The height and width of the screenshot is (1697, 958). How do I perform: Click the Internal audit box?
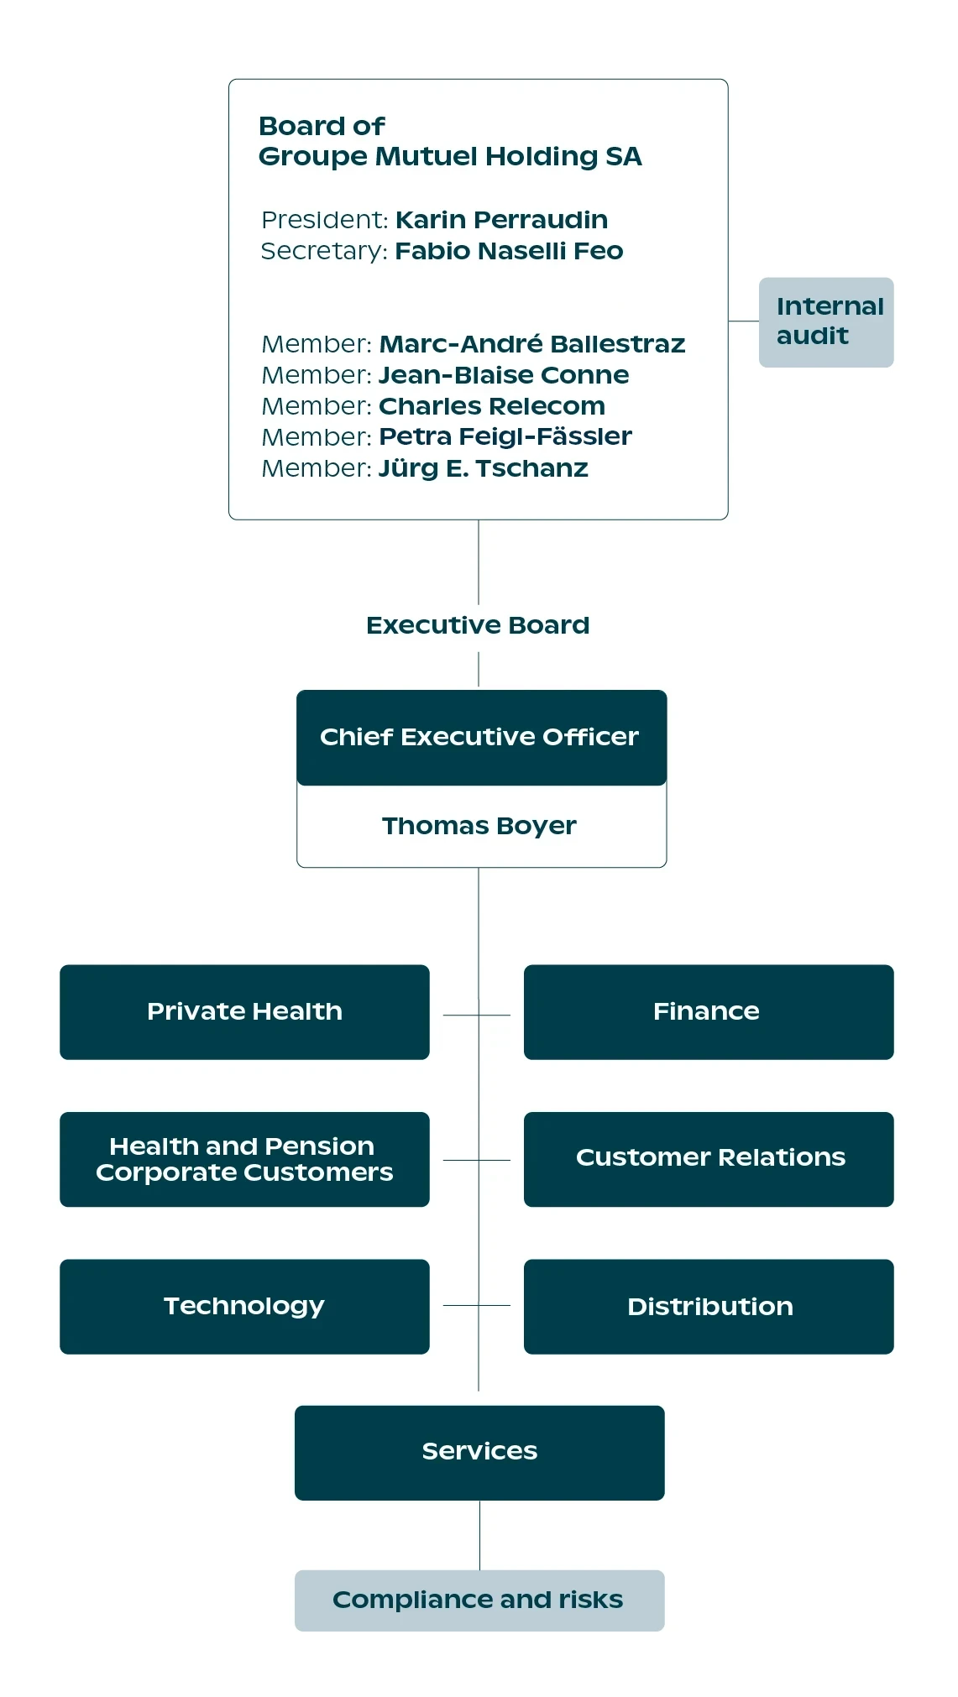826,322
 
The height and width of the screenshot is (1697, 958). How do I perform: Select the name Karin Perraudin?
501,220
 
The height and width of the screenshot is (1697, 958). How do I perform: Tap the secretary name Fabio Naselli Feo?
509,251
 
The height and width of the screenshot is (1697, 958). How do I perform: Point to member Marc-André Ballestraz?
532,344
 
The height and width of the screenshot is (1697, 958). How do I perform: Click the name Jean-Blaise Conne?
504,375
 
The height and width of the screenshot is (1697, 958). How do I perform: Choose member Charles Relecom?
492,406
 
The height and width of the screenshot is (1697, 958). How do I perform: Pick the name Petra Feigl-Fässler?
505,436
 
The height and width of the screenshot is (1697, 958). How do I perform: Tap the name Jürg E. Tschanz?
484,468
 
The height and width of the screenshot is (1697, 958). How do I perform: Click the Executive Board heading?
478,625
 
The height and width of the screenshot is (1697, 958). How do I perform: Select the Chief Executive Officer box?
482,738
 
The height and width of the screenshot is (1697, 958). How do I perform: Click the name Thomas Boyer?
479,827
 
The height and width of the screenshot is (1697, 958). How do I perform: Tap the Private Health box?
244,1012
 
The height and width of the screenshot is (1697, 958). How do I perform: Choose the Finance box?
709,1012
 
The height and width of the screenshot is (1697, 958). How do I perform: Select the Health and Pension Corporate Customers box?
244,1160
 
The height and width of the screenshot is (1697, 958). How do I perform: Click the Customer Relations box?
709,1160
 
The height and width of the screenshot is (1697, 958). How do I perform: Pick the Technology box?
244,1307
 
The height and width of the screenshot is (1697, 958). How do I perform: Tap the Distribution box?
709,1307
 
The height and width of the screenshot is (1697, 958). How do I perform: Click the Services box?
479,1453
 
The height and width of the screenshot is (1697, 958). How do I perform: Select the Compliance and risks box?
479,1600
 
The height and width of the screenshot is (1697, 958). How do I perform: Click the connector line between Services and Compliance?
480,1535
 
